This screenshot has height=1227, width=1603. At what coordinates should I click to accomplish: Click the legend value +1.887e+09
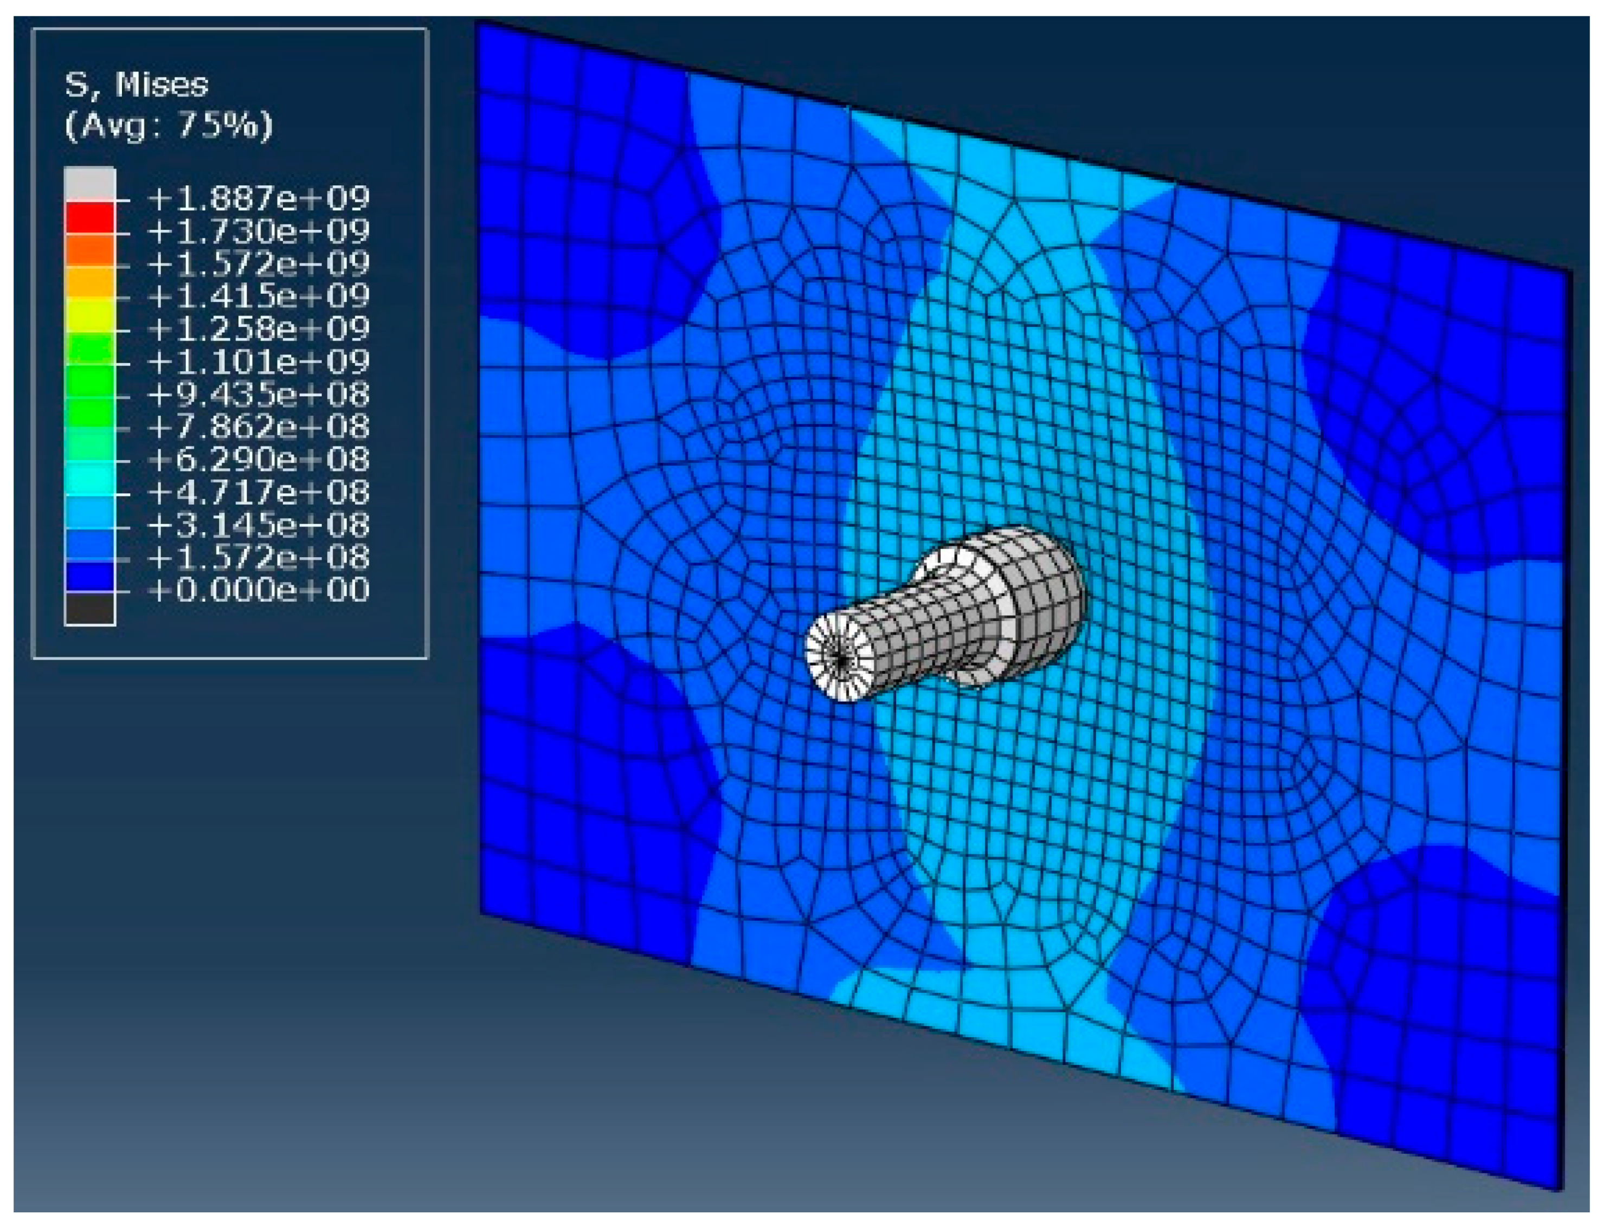[x=259, y=198]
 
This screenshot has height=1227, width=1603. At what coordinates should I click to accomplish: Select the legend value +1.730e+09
[x=259, y=231]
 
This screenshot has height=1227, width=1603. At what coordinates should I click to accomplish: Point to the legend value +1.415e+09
[x=259, y=296]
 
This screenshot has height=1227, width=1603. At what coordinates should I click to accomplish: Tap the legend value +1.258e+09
[x=259, y=328]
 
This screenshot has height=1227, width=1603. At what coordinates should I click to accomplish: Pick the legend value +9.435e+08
[x=259, y=395]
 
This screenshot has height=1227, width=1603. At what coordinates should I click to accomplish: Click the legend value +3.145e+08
[x=259, y=525]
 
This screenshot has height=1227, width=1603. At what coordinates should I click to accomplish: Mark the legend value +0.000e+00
[x=259, y=590]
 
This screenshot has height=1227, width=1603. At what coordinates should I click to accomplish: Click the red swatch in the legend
[x=90, y=218]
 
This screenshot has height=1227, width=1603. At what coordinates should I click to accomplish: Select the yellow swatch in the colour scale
[x=90, y=315]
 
